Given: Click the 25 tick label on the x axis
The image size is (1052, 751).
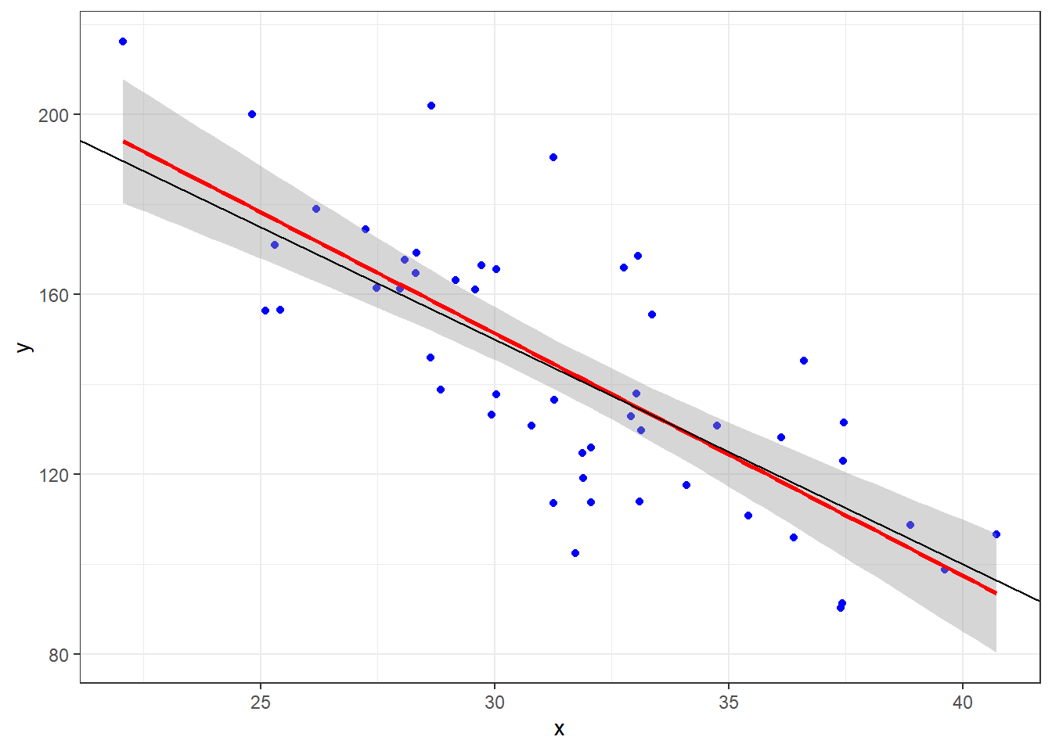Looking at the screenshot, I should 261,702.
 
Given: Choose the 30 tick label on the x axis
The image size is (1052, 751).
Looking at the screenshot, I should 495,702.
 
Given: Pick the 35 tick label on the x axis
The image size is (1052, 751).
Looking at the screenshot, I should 729,702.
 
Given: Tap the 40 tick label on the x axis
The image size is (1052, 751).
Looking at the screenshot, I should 963,702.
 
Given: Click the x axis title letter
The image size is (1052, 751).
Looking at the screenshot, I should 559,729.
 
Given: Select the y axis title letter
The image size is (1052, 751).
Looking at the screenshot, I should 24,347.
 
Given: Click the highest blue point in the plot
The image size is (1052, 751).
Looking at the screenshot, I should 123,41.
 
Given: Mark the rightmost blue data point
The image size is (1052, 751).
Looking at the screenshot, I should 996,534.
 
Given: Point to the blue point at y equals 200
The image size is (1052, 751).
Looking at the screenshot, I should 252,114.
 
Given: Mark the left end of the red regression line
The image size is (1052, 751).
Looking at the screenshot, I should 124,142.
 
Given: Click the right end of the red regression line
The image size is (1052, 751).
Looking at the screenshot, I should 996,593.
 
